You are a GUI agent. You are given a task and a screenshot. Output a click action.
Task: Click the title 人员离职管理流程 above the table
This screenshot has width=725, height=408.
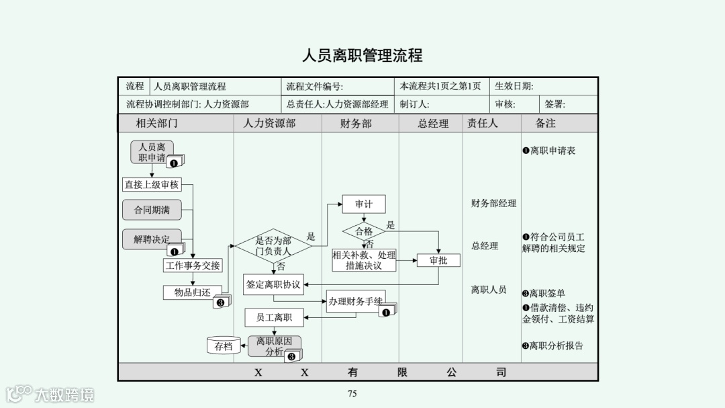362,55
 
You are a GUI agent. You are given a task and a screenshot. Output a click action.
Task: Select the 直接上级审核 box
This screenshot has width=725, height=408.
152,184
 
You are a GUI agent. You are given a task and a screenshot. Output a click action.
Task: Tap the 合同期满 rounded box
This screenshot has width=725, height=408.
152,210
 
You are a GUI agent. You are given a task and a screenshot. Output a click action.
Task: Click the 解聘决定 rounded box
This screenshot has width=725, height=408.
152,239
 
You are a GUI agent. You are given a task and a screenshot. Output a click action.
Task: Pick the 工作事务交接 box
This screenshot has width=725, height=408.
193,266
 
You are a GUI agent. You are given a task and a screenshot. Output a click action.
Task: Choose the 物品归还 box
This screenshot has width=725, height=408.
193,292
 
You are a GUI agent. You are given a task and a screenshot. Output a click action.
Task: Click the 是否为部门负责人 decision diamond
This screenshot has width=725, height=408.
273,246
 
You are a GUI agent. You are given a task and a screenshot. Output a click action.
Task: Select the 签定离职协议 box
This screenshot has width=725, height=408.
273,284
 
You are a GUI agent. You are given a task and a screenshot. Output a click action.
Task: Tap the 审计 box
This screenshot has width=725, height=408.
363,204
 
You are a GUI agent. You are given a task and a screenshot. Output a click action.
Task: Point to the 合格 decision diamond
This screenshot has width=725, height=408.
364,231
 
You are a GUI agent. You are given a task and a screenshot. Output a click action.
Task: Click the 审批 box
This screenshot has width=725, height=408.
438,260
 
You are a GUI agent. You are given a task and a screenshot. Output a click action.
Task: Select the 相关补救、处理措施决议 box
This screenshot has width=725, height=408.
364,260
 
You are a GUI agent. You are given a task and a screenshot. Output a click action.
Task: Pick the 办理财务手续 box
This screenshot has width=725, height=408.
356,302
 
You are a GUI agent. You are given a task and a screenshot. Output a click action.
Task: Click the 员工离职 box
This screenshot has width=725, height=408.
273,317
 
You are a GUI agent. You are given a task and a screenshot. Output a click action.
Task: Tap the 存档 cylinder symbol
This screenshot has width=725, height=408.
224,347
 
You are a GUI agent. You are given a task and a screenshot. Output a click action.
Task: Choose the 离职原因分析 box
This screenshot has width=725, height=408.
274,346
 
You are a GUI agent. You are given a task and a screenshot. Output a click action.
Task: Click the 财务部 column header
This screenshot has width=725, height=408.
356,124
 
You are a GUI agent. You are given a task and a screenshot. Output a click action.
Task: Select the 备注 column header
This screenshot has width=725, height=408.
545,124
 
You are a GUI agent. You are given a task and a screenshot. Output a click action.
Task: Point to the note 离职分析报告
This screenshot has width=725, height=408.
553,346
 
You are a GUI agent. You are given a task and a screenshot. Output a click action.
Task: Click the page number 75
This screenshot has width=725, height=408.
352,394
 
